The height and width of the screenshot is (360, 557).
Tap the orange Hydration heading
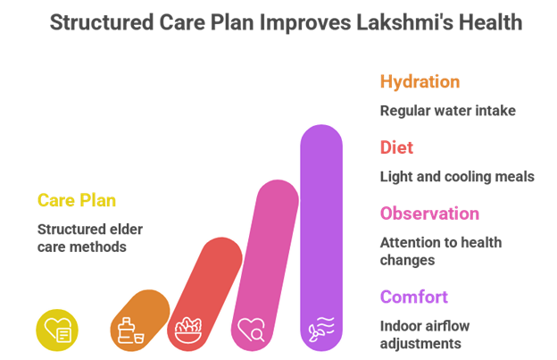click(x=420, y=82)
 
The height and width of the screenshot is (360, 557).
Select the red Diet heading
click(x=396, y=147)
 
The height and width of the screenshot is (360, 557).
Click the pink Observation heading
click(x=429, y=213)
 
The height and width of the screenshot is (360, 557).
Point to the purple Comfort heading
click(x=414, y=297)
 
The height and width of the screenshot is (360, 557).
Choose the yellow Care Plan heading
click(x=77, y=200)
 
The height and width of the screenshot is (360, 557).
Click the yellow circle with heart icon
click(x=57, y=331)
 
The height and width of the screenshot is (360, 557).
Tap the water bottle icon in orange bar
click(x=130, y=331)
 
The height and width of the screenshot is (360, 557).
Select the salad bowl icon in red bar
click(x=188, y=331)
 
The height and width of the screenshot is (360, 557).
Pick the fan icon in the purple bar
click(x=321, y=329)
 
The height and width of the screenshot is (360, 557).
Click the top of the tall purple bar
click(x=321, y=125)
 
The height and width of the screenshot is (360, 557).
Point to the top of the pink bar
click(x=278, y=180)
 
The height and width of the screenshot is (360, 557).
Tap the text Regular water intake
click(x=448, y=111)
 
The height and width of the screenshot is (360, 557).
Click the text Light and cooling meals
click(x=457, y=177)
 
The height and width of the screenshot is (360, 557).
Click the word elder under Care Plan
click(x=127, y=230)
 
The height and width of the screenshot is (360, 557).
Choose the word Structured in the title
click(x=102, y=22)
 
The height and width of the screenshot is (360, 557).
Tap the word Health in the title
click(x=491, y=22)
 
